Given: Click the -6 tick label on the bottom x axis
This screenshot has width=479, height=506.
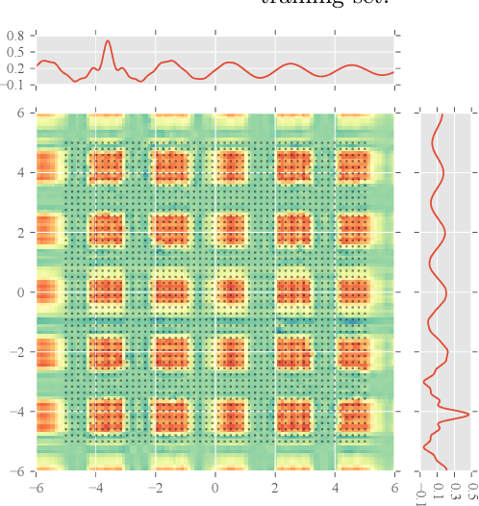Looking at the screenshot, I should coord(36,487).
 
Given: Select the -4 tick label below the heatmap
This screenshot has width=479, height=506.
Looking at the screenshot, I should coord(95,487).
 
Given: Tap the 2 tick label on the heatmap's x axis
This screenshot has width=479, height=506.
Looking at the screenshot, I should coord(275,487).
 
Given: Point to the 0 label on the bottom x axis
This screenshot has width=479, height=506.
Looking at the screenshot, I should coord(215,487).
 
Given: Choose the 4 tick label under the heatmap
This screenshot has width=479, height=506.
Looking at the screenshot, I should coord(335,487).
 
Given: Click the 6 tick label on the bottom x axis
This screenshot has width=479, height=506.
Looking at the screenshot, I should coord(394,487).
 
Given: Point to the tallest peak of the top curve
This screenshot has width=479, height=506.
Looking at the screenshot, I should coord(108,40).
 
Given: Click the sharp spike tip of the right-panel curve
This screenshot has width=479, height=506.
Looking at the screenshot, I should coord(468,415).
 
